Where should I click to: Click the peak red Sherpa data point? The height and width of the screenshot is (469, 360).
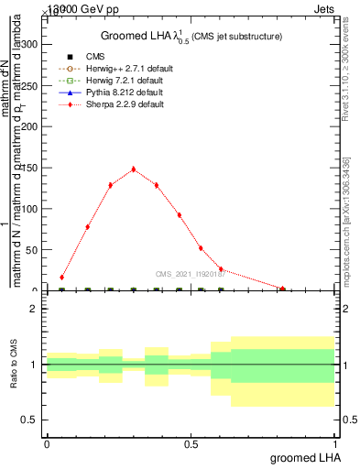pyautogui.click(x=134, y=169)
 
